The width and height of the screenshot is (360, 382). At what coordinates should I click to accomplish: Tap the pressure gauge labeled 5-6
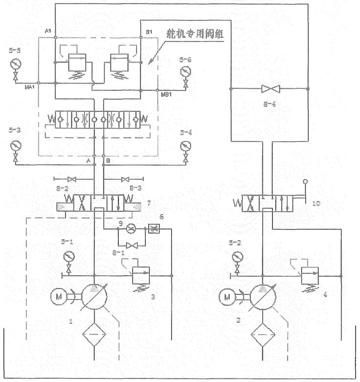(185, 72)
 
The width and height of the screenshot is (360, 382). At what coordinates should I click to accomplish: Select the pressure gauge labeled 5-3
(14, 146)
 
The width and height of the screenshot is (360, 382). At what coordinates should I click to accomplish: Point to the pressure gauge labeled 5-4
(185, 146)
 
